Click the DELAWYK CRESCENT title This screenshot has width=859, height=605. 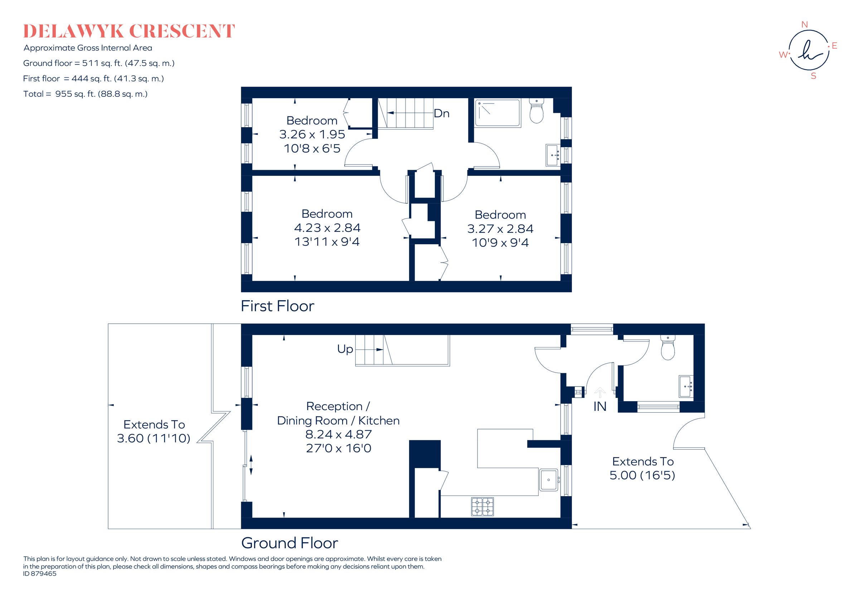129,32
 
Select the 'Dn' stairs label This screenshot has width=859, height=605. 441,114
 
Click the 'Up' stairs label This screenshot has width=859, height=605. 345,349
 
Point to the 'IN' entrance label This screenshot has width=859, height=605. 600,407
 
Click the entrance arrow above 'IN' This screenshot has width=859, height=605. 600,392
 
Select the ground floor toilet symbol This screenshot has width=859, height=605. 668,348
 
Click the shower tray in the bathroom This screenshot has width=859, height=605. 497,113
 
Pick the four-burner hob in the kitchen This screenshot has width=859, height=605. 482,506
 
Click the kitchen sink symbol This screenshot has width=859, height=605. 548,480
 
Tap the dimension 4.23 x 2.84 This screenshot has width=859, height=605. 327,227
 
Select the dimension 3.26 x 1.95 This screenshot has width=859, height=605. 312,134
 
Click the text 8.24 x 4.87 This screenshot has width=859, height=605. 338,434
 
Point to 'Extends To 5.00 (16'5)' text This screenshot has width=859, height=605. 642,468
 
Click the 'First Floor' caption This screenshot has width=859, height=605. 277,306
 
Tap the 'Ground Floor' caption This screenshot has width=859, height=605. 289,543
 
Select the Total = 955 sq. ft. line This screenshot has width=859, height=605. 85,94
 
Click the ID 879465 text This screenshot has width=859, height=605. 40,584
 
